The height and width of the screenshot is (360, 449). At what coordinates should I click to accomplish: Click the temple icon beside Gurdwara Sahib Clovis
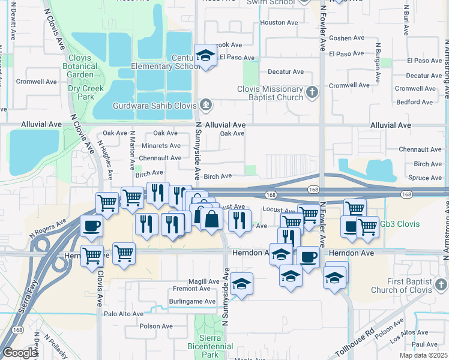[206, 106]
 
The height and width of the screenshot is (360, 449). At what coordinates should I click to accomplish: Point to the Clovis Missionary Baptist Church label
[270, 92]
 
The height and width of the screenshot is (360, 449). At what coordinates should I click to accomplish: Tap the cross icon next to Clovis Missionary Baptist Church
[312, 92]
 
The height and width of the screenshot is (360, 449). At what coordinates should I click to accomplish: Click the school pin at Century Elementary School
[206, 57]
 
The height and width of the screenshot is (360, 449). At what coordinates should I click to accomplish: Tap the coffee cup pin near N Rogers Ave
[91, 226]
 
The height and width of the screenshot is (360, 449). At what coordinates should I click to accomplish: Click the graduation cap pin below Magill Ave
[241, 284]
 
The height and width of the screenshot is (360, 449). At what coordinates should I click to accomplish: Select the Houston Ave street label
[279, 23]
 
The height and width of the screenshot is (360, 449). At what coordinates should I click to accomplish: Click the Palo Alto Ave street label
[124, 313]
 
